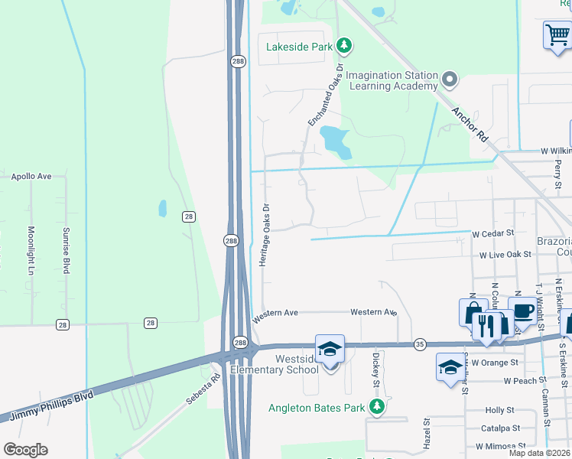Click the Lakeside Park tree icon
click(x=344, y=46)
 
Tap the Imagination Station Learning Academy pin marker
click(x=450, y=78)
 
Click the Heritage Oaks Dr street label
click(x=265, y=234)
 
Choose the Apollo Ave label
click(x=31, y=176)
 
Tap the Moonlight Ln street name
click(x=32, y=251)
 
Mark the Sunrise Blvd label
click(x=67, y=251)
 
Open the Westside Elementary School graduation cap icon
click(x=330, y=350)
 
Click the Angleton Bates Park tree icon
click(x=375, y=408)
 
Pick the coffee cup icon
click(x=523, y=311)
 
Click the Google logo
click(x=25, y=450)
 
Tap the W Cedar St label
click(x=492, y=233)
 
